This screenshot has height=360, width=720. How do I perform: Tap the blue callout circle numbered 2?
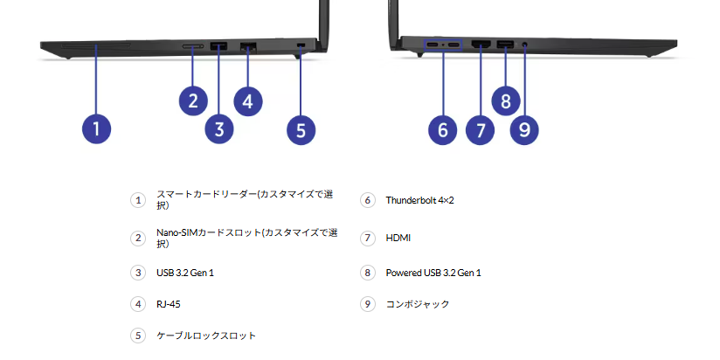tap(193, 100)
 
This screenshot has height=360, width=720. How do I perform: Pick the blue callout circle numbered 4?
tap(248, 100)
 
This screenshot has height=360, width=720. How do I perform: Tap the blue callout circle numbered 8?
tap(506, 100)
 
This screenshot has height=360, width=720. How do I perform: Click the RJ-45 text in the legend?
tap(169, 304)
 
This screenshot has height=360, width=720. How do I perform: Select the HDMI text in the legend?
tap(398, 238)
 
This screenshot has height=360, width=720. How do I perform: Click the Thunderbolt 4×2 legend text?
tap(419, 200)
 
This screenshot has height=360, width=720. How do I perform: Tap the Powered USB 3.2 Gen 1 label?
tap(433, 273)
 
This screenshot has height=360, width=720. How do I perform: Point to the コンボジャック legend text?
tap(418, 304)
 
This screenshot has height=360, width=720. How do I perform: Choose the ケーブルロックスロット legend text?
tap(206, 336)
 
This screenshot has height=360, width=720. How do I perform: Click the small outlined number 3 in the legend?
tap(137, 273)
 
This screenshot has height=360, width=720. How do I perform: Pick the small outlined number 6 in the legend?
tap(367, 200)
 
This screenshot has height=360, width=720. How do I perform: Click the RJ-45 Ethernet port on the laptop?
tap(247, 45)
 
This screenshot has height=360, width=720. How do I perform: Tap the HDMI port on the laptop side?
tap(480, 44)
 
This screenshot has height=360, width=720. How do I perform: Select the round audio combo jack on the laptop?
tap(524, 44)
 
